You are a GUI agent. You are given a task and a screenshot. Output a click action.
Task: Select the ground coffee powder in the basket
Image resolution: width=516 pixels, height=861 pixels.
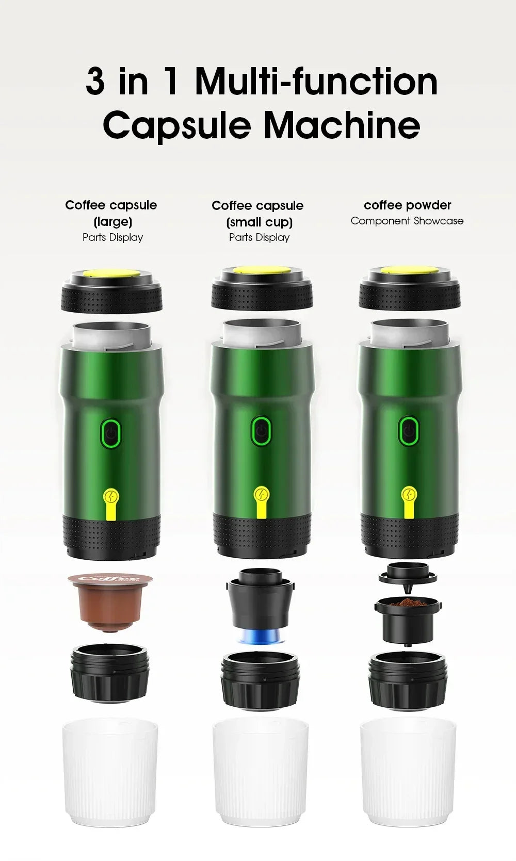(x=408, y=603)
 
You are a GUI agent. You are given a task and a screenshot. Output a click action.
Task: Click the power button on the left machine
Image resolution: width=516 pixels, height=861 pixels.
(x=111, y=431)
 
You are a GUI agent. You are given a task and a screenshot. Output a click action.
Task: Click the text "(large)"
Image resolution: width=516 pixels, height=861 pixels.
(x=112, y=222)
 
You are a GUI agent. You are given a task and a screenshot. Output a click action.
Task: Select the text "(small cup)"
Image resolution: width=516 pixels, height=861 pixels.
(x=259, y=222)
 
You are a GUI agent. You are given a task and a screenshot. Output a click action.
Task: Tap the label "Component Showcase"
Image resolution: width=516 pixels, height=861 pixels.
(x=407, y=221)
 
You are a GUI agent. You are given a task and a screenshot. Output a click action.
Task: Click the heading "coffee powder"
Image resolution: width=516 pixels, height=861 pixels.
(x=407, y=205)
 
